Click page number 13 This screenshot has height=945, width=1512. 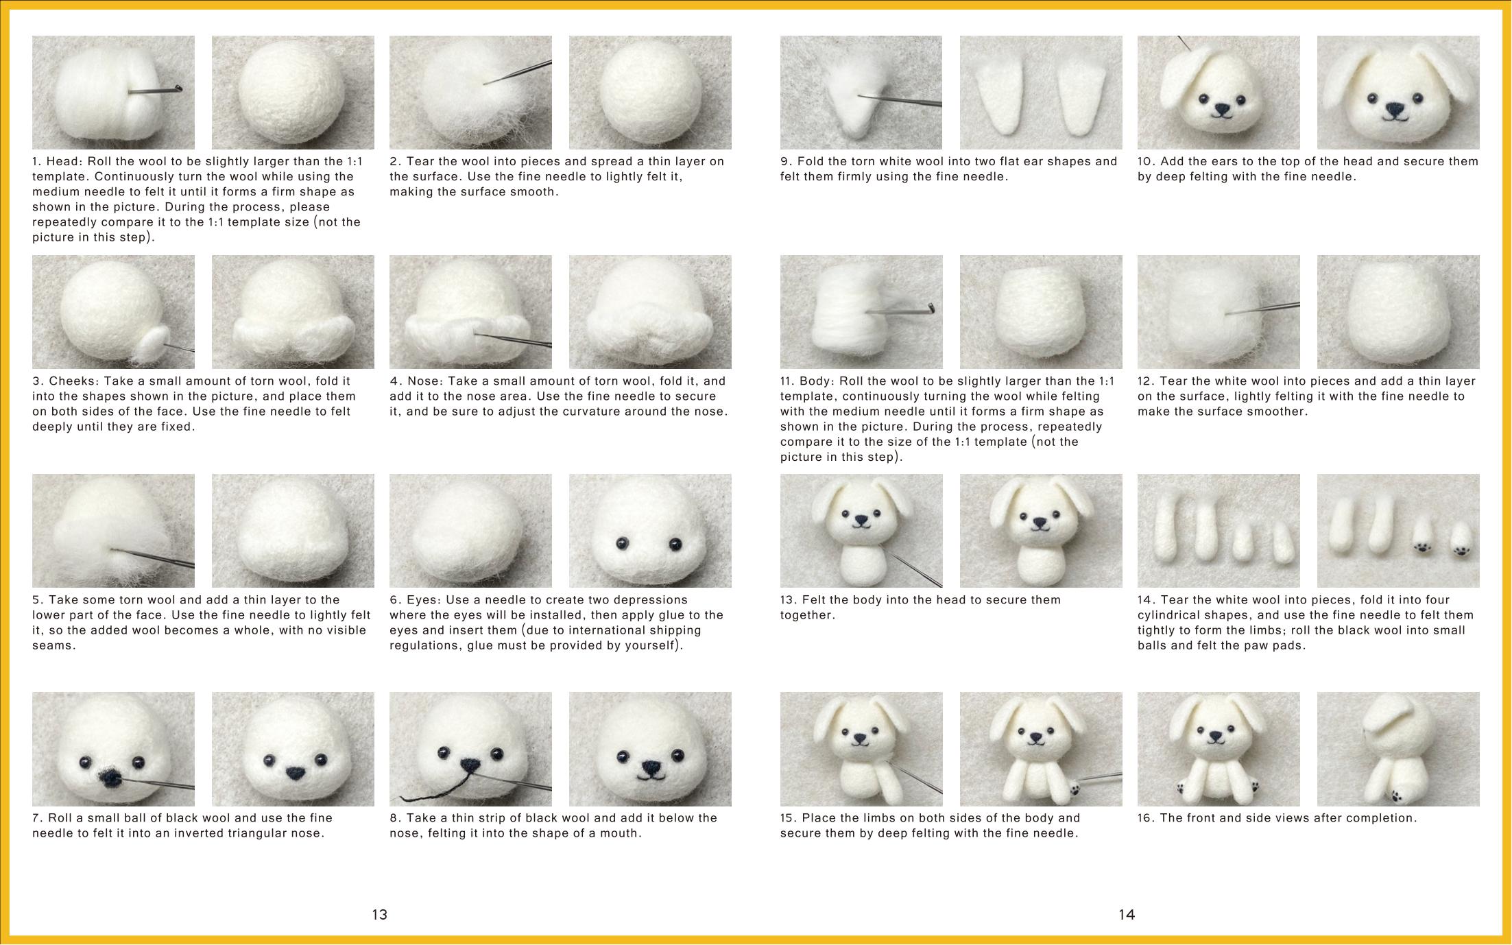tap(379, 914)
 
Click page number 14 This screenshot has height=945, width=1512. tap(1127, 914)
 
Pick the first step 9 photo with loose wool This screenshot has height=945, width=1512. tap(861, 93)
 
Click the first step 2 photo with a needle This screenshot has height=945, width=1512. tap(470, 93)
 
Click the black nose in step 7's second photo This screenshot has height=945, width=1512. tap(293, 774)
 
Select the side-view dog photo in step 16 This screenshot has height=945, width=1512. tap(1398, 749)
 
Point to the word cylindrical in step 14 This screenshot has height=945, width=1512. tap(1175, 615)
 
